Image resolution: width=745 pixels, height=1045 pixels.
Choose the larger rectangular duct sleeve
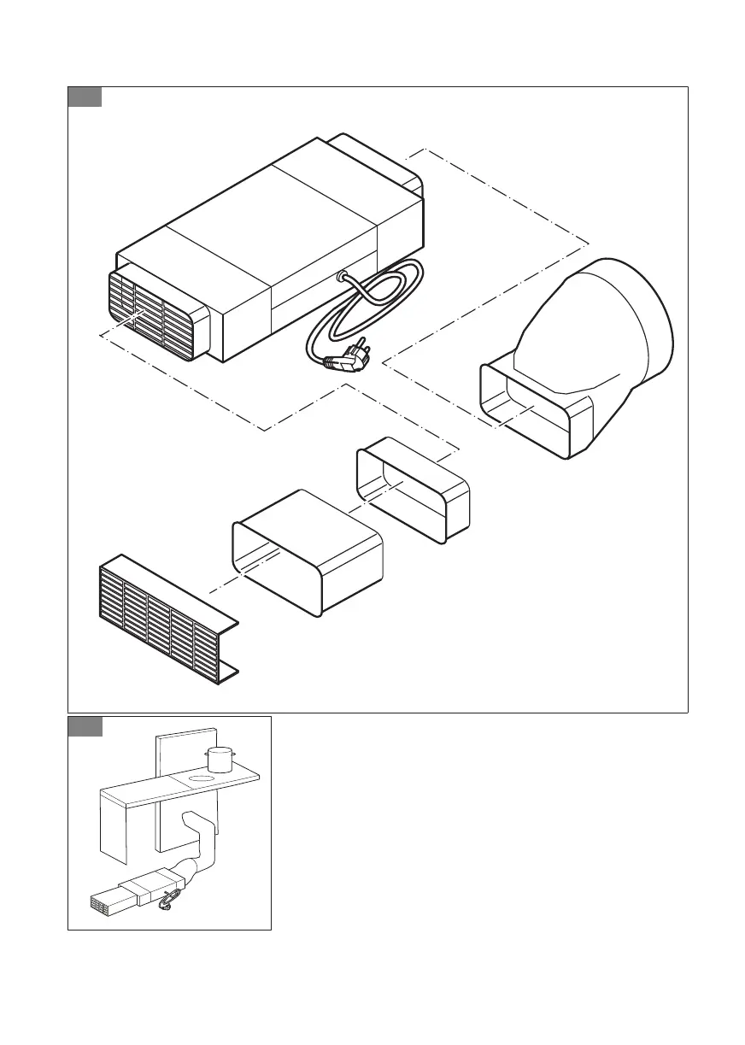(308, 551)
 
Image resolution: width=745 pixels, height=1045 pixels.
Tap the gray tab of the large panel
(85, 97)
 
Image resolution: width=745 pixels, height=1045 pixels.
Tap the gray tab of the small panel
(85, 726)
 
